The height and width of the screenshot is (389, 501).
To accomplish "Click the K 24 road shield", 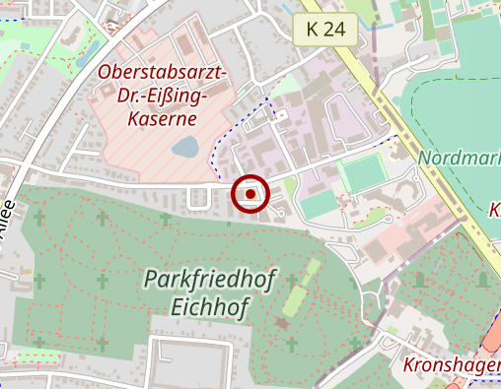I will point(325,29).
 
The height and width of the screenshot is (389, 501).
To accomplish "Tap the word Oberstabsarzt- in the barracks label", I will point(164,74).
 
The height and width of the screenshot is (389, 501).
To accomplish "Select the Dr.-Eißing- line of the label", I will point(164,97).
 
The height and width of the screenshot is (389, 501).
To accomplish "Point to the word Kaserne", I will point(164,119).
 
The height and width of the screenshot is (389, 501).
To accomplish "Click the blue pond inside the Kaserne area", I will point(183,149).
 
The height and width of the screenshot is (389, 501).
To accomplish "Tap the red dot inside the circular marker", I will point(250,194).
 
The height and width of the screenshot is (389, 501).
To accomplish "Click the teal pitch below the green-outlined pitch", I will point(318,206).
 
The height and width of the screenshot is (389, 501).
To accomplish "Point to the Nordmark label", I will point(459,158).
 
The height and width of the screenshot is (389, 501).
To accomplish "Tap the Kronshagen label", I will point(452,365).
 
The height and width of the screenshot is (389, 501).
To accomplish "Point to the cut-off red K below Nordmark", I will point(495,210).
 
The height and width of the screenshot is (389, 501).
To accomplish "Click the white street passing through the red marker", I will point(148,184).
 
